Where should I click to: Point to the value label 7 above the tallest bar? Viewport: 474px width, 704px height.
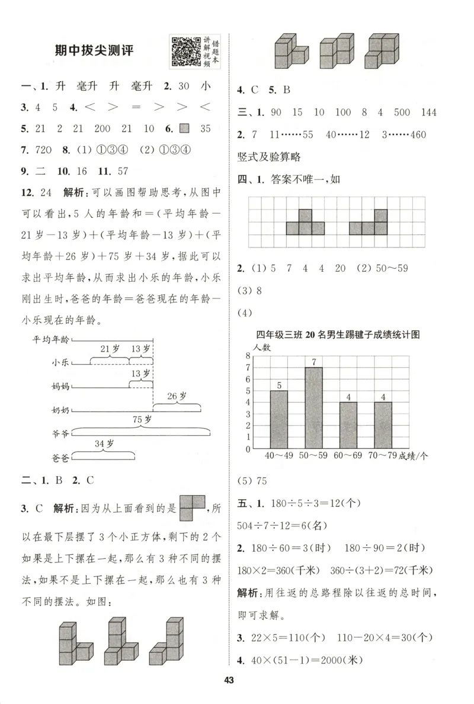314,362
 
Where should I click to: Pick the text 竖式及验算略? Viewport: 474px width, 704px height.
268,156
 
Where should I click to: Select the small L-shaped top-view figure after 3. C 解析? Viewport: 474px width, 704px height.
191,508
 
